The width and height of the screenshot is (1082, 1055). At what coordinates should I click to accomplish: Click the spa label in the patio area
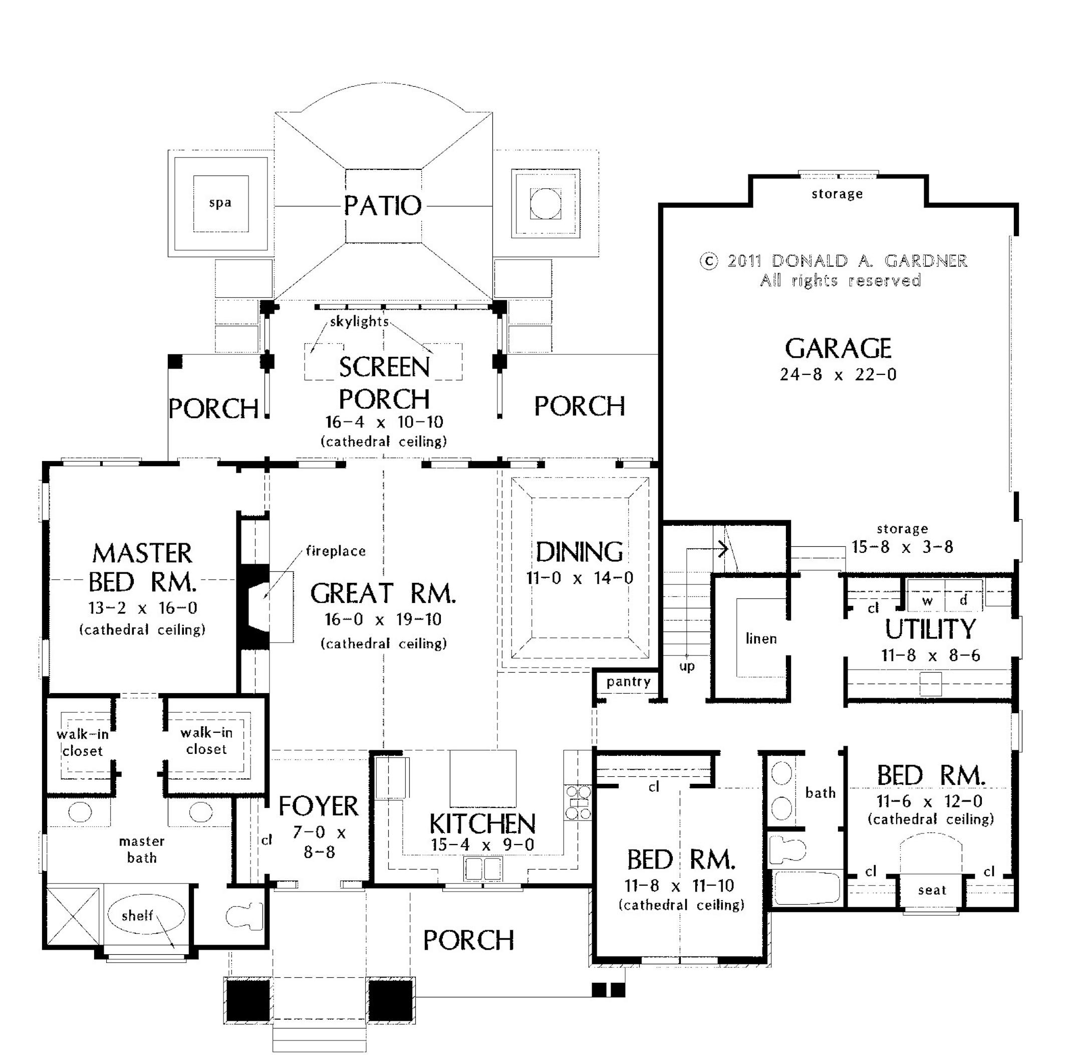click(220, 203)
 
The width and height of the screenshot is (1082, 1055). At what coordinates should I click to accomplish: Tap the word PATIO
click(382, 205)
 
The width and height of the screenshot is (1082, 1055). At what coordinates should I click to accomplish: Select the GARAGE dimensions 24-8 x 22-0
click(838, 375)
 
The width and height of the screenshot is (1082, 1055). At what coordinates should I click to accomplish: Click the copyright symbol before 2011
click(709, 261)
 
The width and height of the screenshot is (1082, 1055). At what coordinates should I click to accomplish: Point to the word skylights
click(359, 321)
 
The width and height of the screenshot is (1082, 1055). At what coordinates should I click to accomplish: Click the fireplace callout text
click(336, 551)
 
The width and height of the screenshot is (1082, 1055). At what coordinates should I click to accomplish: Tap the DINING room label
click(579, 552)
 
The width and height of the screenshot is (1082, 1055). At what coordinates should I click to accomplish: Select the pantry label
click(628, 682)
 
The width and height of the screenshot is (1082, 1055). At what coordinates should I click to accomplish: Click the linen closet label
click(761, 639)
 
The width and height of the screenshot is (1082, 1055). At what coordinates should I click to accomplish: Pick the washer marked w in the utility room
click(927, 600)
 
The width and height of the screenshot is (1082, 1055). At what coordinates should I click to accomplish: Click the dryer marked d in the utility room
click(963, 600)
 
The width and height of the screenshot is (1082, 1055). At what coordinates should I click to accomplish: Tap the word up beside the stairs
click(687, 666)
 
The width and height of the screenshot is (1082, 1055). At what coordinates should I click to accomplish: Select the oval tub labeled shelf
click(145, 915)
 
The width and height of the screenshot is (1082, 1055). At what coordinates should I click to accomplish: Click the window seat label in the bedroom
click(932, 891)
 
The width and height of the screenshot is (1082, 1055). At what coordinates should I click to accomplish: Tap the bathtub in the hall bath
click(807, 888)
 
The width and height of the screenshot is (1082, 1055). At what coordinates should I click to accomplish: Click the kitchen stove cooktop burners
click(578, 802)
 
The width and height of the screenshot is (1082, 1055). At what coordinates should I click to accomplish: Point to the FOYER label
click(319, 806)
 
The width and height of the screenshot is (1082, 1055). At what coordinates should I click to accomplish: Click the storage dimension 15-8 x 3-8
click(902, 547)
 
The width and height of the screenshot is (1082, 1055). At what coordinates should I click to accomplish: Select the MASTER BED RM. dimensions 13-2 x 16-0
click(143, 608)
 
